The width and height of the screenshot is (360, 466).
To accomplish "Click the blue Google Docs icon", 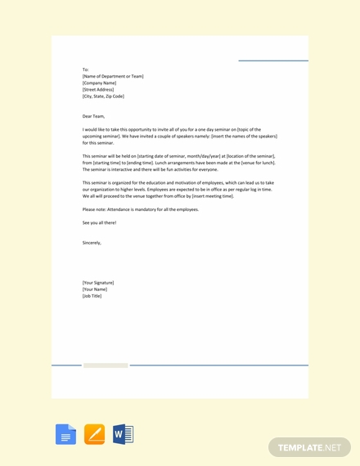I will pyautogui.click(x=65, y=434).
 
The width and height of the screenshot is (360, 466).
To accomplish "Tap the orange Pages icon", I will pyautogui.click(x=94, y=434).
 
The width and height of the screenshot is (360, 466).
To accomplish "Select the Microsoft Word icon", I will pyautogui.click(x=123, y=434).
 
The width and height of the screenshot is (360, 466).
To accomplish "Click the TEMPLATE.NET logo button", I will pyautogui.click(x=309, y=447).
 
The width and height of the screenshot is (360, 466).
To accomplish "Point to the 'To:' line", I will pyautogui.click(x=85, y=69).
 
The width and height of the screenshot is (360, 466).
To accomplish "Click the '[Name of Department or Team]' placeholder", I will pyautogui.click(x=113, y=76).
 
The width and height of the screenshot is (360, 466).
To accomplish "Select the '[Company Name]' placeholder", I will pyautogui.click(x=99, y=83).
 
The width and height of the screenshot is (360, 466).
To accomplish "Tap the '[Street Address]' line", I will pyautogui.click(x=98, y=89).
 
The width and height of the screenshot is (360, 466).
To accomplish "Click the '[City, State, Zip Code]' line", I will pyautogui.click(x=103, y=96).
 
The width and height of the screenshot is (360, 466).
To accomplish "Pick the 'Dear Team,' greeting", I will pyautogui.click(x=93, y=116).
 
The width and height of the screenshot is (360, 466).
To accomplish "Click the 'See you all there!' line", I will pyautogui.click(x=99, y=222).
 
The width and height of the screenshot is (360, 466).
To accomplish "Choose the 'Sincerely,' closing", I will pyautogui.click(x=92, y=242).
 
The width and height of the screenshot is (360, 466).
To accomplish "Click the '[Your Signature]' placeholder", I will pyautogui.click(x=98, y=282).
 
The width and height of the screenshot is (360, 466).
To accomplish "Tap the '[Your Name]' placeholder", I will pyautogui.click(x=94, y=289).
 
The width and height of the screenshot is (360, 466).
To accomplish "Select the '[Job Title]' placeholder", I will pyautogui.click(x=92, y=295).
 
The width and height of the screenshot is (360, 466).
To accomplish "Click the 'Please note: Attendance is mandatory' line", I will pyautogui.click(x=140, y=209).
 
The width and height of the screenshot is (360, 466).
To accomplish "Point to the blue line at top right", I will pyautogui.click(x=273, y=60).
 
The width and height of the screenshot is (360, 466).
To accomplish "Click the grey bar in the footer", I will pyautogui.click(x=106, y=365).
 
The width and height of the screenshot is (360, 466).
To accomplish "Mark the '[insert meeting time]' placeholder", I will pyautogui.click(x=205, y=196).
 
